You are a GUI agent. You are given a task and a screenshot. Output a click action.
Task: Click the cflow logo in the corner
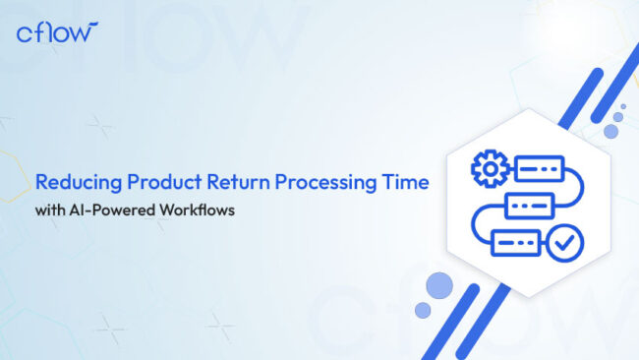click(58, 32)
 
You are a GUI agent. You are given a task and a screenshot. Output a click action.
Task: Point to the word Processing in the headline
click(320, 183)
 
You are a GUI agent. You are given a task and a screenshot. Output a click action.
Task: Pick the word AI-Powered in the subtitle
click(111, 210)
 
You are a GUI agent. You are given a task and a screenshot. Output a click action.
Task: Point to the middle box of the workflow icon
click(524, 207)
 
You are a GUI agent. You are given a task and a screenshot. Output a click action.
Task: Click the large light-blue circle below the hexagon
click(439, 286)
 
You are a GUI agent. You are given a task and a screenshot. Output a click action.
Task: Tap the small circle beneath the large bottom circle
click(423, 310)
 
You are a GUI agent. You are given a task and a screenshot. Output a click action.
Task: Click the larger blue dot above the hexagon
click(610, 131)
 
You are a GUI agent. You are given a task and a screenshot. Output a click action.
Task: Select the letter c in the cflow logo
click(25, 34)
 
